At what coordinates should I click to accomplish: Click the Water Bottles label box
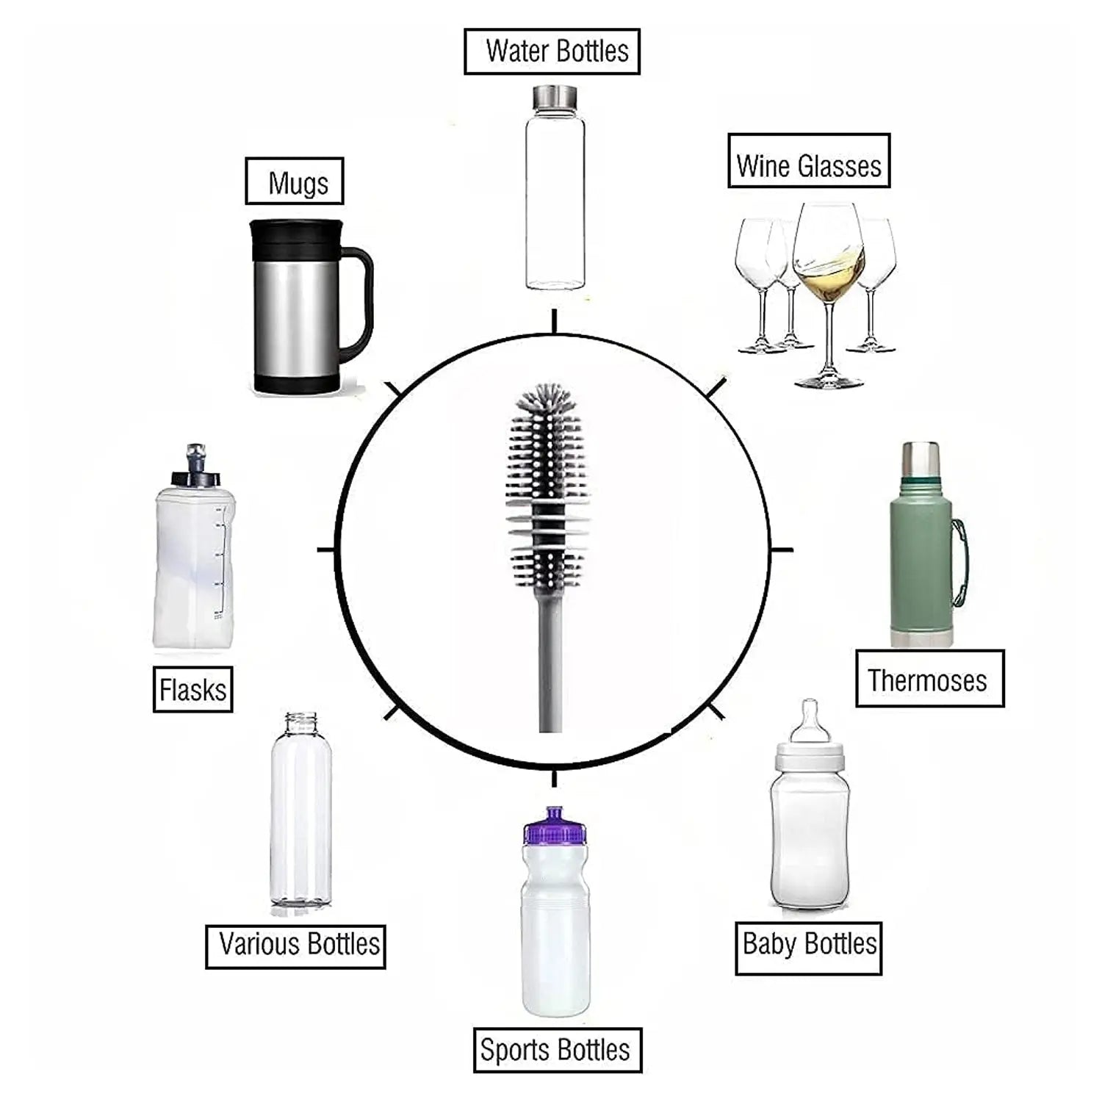click(x=552, y=51)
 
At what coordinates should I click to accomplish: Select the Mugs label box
click(x=295, y=181)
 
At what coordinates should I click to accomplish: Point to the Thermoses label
click(x=929, y=679)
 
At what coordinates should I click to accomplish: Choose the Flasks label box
click(x=192, y=689)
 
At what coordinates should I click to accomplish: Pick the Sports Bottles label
click(x=557, y=1050)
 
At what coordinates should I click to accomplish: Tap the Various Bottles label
click(x=295, y=946)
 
